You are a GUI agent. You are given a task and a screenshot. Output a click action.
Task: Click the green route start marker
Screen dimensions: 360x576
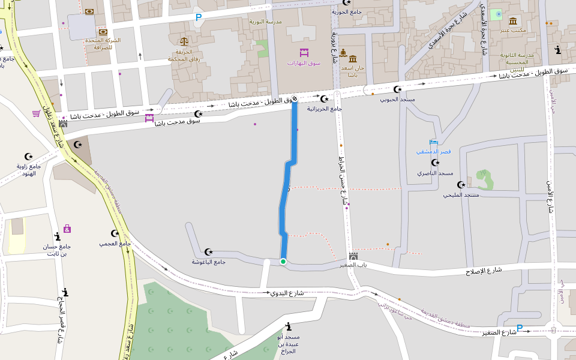(283, 262)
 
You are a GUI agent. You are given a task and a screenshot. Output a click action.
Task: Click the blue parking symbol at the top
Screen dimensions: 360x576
(198, 18)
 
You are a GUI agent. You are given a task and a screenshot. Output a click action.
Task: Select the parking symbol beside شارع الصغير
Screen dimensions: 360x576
(520, 328)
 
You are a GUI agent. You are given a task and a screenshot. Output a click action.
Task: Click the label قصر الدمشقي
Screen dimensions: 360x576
(433, 151)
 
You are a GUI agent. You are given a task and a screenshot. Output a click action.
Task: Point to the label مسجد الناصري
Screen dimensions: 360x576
(435, 173)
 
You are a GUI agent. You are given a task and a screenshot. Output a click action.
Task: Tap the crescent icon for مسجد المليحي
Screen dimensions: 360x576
(461, 185)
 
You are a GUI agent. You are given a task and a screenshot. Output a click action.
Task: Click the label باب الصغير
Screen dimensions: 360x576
(353, 265)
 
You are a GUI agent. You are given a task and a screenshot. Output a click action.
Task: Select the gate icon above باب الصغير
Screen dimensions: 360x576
(353, 256)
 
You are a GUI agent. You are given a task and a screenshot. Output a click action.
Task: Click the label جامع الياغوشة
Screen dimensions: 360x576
(208, 262)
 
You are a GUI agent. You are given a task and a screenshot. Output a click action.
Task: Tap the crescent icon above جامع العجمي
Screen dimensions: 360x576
(115, 233)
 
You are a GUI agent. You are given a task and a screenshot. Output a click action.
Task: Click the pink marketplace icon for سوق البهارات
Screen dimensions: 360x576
(304, 53)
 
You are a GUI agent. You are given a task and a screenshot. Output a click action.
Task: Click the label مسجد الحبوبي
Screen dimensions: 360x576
(397, 99)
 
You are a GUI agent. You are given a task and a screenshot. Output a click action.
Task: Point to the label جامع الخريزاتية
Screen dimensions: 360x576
(325, 109)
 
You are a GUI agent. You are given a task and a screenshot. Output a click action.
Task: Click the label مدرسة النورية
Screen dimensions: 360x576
(265, 22)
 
